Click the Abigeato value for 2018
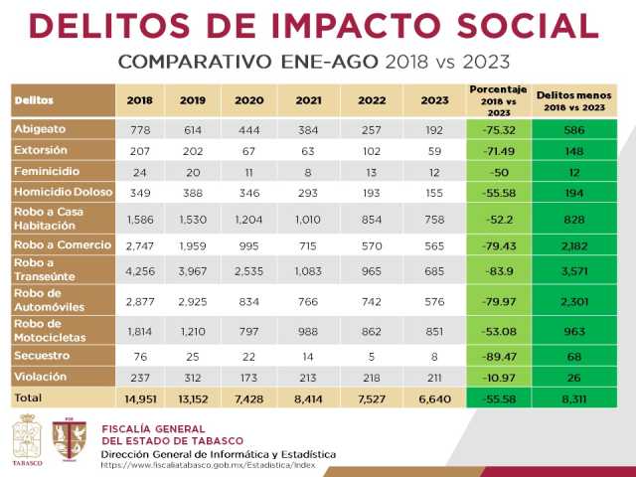pos(139,131)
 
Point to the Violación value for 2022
pos(372,378)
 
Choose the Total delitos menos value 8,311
pos(574,398)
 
